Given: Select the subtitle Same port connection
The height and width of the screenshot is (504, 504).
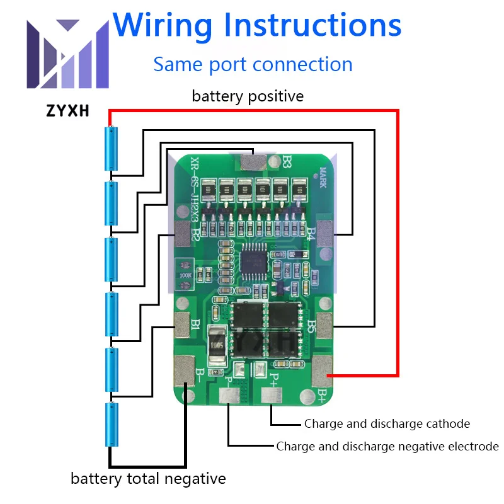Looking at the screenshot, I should click(x=253, y=64).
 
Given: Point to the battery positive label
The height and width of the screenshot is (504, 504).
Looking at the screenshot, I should click(x=248, y=96).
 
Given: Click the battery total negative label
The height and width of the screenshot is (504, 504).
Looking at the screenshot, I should click(x=148, y=479).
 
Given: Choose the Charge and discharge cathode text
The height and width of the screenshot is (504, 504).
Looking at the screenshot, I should click(x=387, y=424).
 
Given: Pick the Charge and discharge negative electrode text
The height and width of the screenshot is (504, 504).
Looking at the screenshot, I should click(x=387, y=447).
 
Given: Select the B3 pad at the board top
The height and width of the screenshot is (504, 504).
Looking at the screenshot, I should click(x=254, y=162).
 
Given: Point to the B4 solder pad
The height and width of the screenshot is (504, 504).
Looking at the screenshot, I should click(x=326, y=233).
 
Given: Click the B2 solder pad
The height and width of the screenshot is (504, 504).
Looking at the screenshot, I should click(x=182, y=234).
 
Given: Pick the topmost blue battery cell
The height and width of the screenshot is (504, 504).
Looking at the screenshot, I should click(x=111, y=149).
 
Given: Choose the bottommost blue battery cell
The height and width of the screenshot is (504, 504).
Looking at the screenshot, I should click(x=111, y=425).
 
